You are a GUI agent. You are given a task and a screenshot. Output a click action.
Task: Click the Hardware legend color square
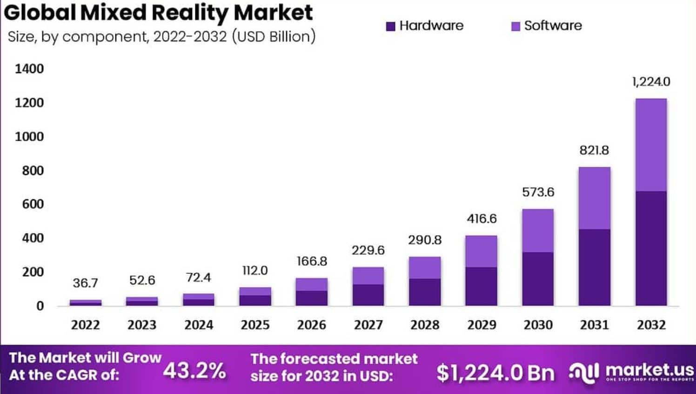(390, 27)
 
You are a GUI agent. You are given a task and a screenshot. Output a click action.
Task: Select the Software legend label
(553, 26)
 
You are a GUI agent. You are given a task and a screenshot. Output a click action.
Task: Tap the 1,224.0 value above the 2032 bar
(651, 82)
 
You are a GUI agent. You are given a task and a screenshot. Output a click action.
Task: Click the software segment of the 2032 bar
(651, 144)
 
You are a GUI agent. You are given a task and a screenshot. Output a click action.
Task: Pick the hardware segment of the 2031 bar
(595, 267)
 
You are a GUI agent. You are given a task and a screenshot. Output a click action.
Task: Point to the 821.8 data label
(594, 150)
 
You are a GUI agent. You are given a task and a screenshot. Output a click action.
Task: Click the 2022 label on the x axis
(85, 325)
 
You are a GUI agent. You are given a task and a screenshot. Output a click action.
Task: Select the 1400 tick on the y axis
(29, 69)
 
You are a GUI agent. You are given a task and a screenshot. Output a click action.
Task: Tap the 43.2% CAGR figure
(194, 371)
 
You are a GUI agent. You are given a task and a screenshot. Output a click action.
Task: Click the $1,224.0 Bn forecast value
(495, 373)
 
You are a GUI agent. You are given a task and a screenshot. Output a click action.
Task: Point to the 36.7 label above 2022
(85, 283)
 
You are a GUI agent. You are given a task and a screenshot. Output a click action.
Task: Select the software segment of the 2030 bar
(538, 231)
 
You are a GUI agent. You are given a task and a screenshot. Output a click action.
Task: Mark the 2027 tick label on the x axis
(368, 325)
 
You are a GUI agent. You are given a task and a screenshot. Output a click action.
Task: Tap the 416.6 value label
(482, 219)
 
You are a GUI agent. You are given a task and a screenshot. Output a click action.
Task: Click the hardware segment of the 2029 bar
(481, 286)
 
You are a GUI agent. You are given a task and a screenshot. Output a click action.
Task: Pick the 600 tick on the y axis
(33, 204)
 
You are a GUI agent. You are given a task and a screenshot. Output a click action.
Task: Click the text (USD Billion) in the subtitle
(273, 37)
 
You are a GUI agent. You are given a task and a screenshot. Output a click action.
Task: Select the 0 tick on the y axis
(40, 306)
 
